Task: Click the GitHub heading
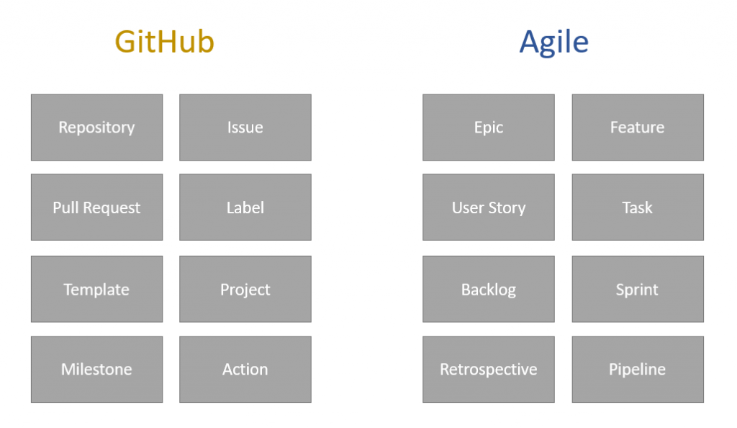click(x=165, y=41)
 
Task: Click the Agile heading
click(x=553, y=43)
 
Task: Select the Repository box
click(x=97, y=128)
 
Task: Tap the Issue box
click(x=245, y=128)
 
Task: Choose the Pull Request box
click(x=97, y=208)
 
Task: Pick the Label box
click(x=245, y=208)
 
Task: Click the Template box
click(x=97, y=289)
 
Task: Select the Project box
click(x=245, y=289)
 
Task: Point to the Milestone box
click(x=97, y=369)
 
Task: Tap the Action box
click(x=245, y=369)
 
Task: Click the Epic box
click(x=489, y=128)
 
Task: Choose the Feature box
click(x=638, y=128)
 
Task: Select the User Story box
click(x=489, y=208)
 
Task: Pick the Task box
click(x=638, y=208)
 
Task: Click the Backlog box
click(x=489, y=289)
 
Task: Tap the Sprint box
click(x=638, y=289)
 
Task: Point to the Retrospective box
click(x=489, y=369)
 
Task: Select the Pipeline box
click(x=638, y=369)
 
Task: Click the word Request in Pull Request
click(x=112, y=208)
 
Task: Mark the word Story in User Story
click(x=507, y=208)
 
